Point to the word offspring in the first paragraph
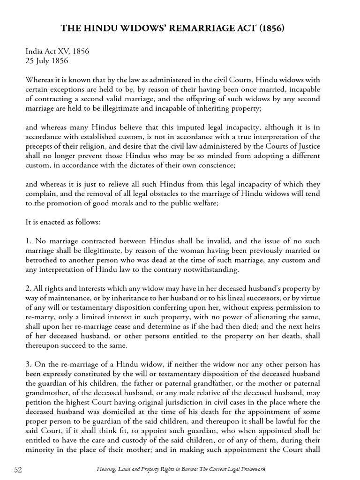pos(232,98)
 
